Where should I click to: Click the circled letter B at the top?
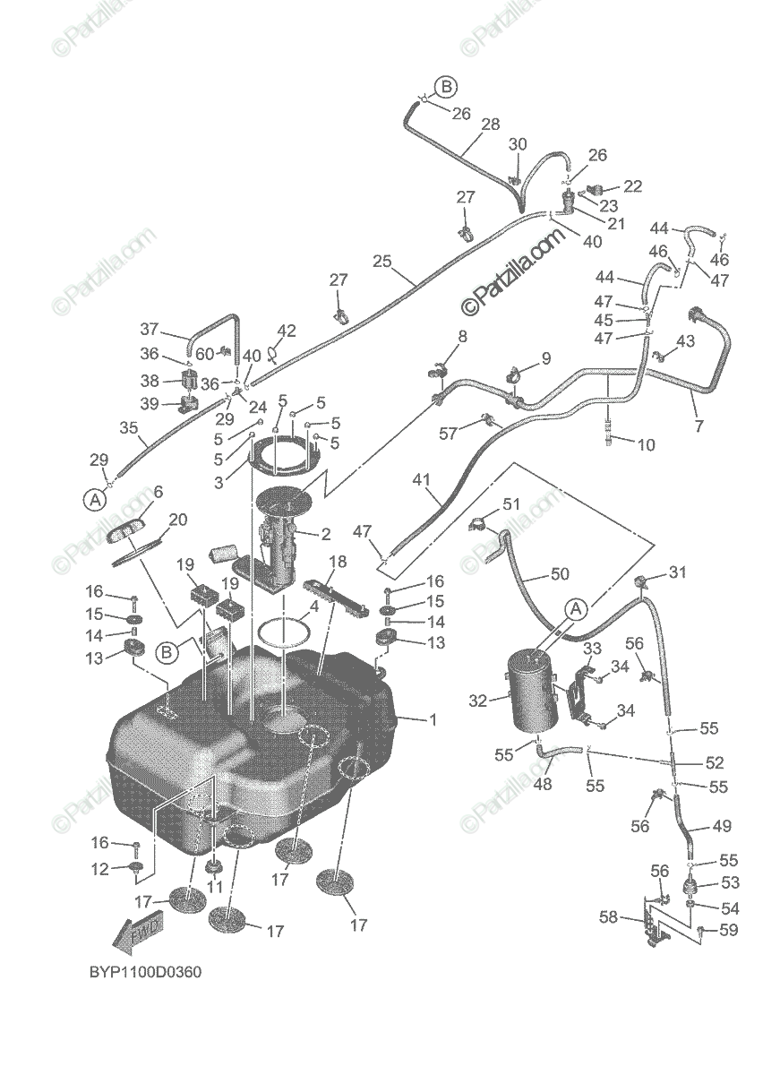click(447, 86)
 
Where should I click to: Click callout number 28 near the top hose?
click(490, 125)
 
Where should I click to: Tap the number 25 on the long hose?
click(382, 261)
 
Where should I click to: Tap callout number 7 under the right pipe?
click(699, 426)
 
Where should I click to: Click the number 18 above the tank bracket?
click(338, 562)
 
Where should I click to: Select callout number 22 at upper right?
click(633, 185)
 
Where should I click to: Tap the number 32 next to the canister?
click(479, 700)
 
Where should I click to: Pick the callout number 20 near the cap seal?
click(178, 520)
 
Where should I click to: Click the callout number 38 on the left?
click(148, 379)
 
